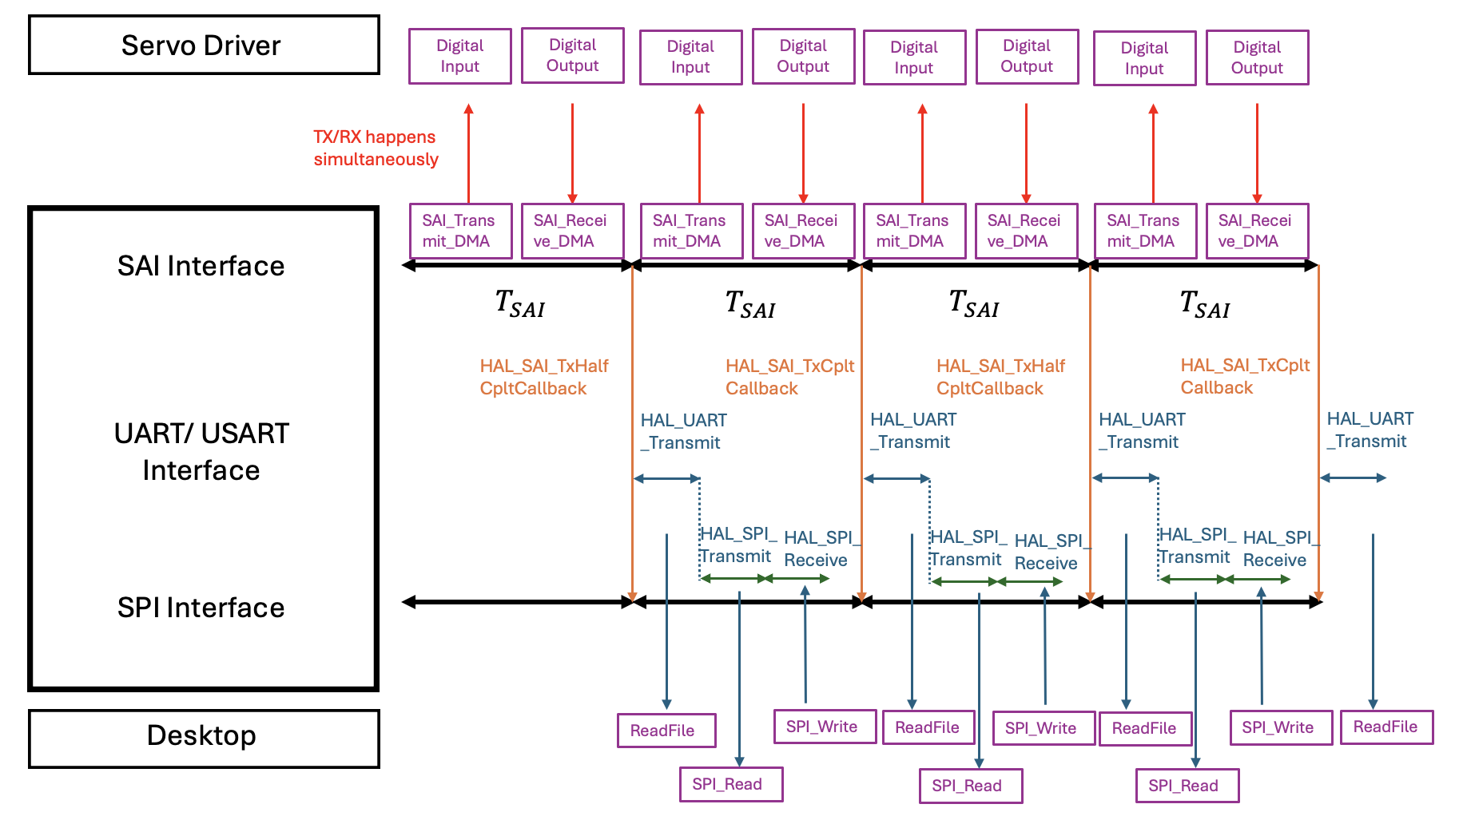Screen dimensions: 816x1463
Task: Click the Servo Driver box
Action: pos(204,46)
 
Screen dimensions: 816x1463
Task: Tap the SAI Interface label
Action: pos(201,266)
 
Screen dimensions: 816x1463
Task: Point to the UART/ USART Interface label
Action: pos(201,452)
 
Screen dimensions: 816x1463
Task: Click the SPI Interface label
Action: pos(201,608)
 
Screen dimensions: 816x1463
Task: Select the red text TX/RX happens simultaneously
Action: pos(376,149)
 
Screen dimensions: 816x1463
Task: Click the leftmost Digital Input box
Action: pos(460,56)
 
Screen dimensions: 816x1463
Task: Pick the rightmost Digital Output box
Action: pos(1257,57)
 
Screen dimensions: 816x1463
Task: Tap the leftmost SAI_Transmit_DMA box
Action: pos(460,231)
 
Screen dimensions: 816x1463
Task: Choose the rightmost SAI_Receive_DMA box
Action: pos(1257,231)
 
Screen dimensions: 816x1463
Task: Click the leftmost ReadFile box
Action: pos(666,731)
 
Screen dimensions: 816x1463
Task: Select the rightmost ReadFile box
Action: pos(1386,727)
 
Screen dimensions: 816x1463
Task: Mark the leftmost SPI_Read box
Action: pos(731,784)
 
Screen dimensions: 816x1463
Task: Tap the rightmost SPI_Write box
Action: pos(1281,727)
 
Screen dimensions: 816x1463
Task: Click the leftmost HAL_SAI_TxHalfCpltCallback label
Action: pos(543,377)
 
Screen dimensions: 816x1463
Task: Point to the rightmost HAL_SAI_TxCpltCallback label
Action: pos(1245,376)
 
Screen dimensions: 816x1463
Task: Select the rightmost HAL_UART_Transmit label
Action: pos(1370,430)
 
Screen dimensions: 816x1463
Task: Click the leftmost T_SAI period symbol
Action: pos(519,304)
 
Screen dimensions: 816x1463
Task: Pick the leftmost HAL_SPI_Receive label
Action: pos(820,549)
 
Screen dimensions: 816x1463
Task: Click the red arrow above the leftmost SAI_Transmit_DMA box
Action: pos(469,152)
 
